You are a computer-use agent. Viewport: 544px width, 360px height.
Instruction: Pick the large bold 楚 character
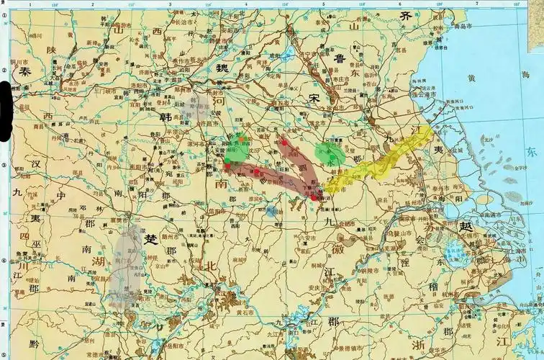150,237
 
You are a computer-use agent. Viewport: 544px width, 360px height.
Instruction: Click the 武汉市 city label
229,294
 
